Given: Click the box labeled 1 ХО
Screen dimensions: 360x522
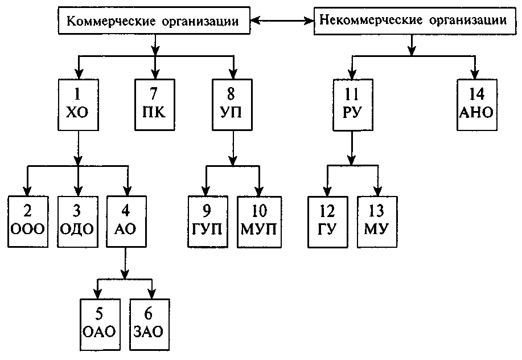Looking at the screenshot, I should [78, 104].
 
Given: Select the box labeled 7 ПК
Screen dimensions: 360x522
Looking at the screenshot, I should [155, 104].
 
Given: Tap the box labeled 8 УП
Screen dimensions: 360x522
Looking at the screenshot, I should [232, 104].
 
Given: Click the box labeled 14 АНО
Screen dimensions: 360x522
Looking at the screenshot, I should [476, 104].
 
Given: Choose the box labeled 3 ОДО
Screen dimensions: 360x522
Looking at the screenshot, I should [76, 221].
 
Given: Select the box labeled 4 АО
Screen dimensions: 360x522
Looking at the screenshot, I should [126, 221].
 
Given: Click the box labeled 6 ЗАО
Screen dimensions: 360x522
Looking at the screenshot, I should [150, 324].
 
